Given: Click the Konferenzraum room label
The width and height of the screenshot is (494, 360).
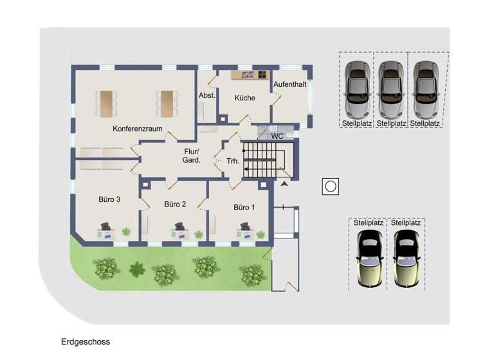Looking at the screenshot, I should (x=137, y=129).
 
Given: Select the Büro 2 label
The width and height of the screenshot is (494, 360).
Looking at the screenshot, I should (x=175, y=204).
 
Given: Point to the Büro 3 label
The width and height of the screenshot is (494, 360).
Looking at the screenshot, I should (x=109, y=199).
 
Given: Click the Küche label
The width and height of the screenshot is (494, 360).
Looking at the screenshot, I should (x=245, y=98).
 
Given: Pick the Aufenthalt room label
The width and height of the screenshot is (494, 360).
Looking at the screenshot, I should (x=289, y=84).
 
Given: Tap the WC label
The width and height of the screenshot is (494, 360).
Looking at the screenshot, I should (x=277, y=136).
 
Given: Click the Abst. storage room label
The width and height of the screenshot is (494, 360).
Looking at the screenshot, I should (x=206, y=96).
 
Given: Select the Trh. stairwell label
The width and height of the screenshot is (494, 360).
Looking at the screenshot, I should (x=233, y=161).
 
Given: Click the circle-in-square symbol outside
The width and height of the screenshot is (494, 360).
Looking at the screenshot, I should (x=331, y=186).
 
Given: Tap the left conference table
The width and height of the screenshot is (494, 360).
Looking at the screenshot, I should (x=106, y=104).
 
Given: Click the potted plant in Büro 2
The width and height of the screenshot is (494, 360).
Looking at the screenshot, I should (x=199, y=235).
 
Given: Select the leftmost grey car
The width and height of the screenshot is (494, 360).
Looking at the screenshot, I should (x=358, y=88).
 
